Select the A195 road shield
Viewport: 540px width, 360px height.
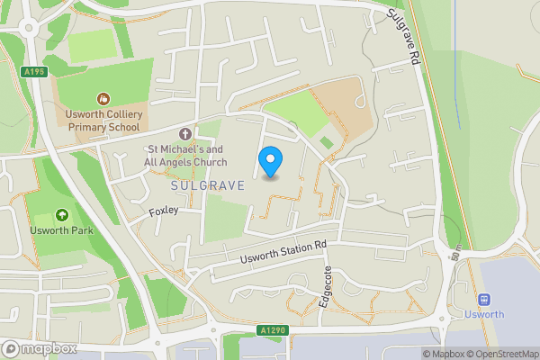point(35,72)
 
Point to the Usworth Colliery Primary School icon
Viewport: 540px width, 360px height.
point(102,98)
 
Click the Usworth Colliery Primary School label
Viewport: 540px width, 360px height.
point(102,121)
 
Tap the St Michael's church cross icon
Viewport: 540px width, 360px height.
point(185,134)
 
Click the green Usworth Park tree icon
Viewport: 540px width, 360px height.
point(62,215)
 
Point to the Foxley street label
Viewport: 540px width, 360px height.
point(164,211)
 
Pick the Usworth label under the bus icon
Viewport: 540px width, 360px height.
point(485,315)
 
